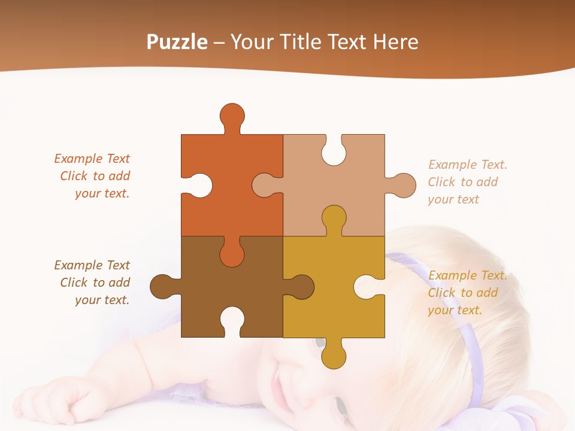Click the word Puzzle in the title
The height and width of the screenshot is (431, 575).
click(x=177, y=42)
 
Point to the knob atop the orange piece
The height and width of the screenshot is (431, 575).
click(x=232, y=115)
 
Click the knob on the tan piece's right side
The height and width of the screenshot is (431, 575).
click(x=404, y=185)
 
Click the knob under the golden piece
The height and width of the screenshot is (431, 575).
click(x=333, y=356)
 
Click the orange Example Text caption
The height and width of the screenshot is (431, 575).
click(x=92, y=176)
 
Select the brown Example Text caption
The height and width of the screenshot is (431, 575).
click(x=92, y=283)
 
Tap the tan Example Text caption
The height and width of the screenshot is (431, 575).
click(x=467, y=182)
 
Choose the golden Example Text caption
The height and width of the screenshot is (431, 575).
click(x=467, y=293)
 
